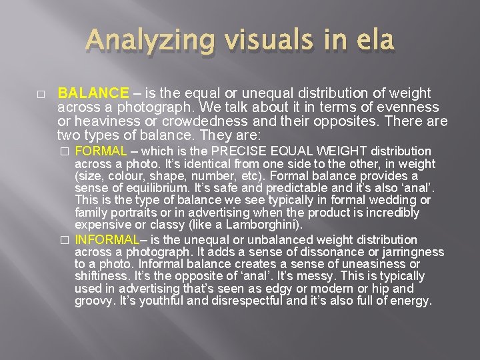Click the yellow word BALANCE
pyautogui.click(x=93, y=93)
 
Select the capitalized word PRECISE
pyautogui.click(x=259, y=151)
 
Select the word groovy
pyautogui.click(x=94, y=301)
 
